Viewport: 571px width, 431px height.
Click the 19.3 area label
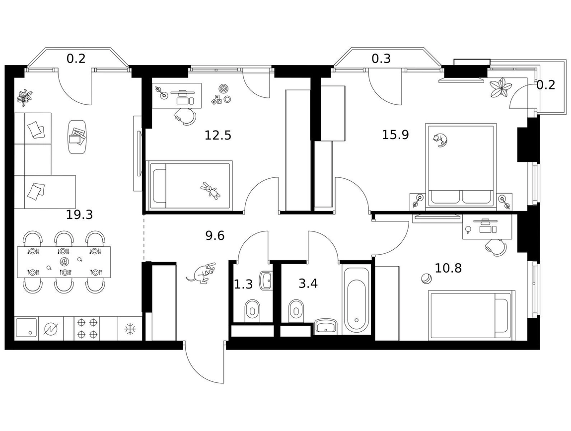[x=79, y=215]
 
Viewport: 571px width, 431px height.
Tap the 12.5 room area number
[x=218, y=136]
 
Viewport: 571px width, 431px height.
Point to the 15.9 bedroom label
[x=395, y=135]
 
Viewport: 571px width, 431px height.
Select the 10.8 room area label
[x=448, y=268]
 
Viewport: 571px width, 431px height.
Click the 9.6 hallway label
[x=215, y=236]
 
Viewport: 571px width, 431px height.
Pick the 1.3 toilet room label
[x=243, y=284]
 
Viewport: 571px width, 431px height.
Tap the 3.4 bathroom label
[x=308, y=283]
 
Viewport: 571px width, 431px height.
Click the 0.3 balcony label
[x=381, y=58]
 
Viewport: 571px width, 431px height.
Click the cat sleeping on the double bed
[x=440, y=140]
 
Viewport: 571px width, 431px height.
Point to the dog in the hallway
[x=201, y=273]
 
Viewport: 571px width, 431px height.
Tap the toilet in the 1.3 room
[x=252, y=310]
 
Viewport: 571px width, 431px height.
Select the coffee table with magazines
[x=77, y=137]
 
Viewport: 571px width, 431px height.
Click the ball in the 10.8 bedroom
[x=426, y=279]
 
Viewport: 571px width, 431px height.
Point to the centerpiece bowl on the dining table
[x=64, y=261]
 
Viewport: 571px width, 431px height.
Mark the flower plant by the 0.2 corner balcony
[x=500, y=87]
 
